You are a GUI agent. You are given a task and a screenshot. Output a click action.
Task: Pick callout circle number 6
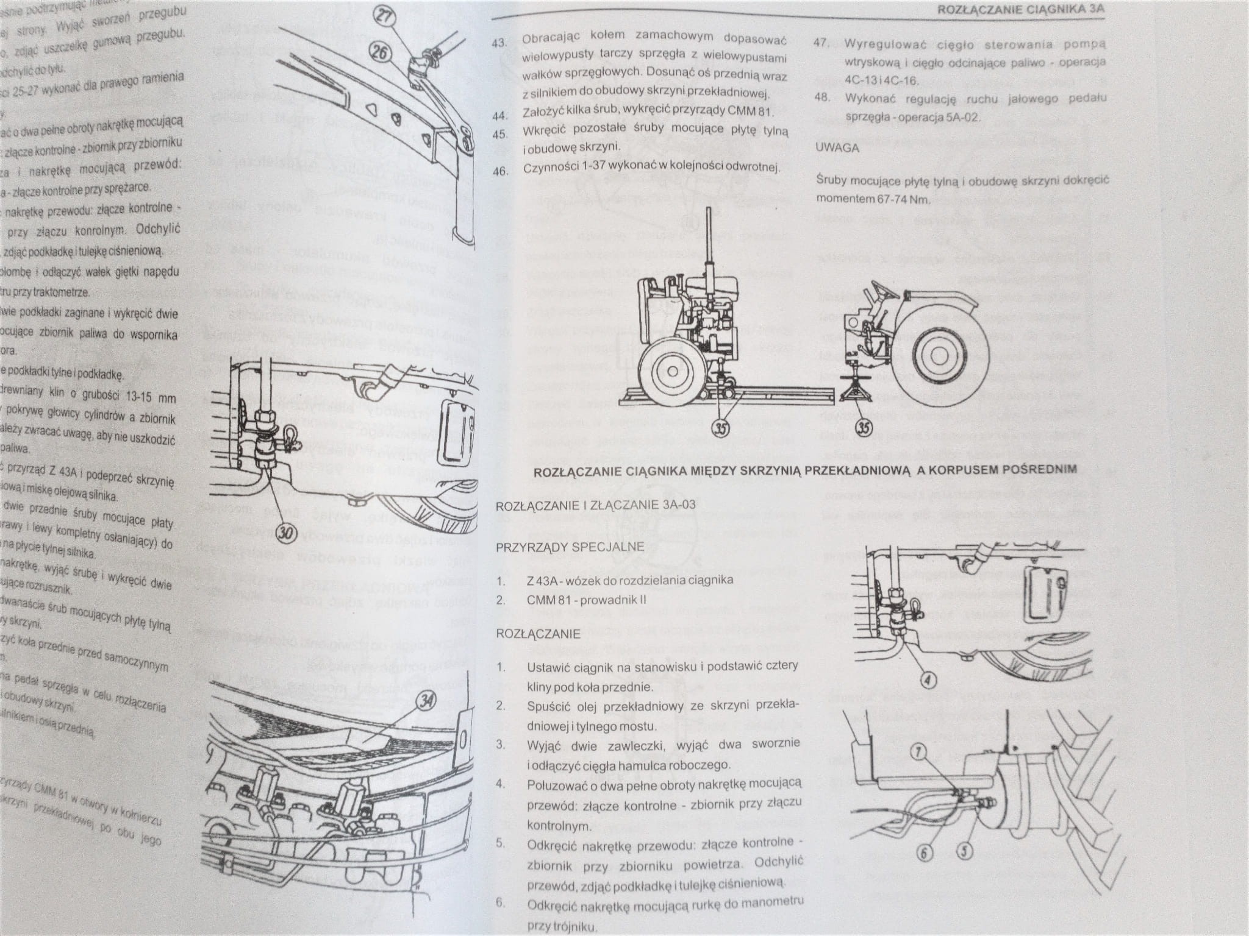[x=924, y=853]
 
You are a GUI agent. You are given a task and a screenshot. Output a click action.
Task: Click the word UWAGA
[x=837, y=147]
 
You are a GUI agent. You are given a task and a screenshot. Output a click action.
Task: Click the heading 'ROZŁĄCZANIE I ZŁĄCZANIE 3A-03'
[x=595, y=505]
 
